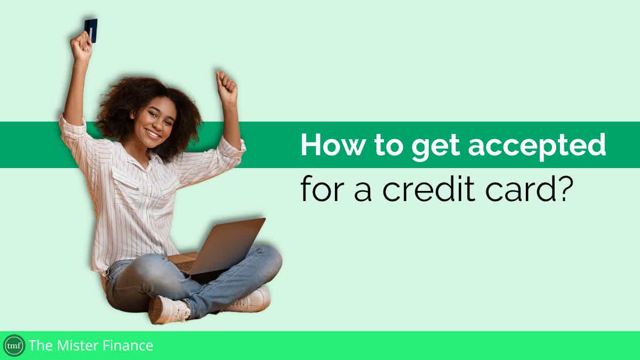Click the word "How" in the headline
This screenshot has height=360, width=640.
332,145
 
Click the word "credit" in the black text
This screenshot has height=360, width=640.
429,187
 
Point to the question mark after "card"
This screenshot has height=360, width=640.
565,187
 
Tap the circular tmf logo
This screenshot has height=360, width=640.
14,346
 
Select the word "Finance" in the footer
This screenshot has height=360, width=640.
127,346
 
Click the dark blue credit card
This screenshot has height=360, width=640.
91,30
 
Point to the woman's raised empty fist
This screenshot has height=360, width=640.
227,86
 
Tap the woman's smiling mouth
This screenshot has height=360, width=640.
153,133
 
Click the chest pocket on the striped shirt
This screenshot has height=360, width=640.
125,183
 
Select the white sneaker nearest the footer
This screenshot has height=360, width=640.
169,310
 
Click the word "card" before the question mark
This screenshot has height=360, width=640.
520,187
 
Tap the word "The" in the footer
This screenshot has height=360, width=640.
39,346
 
